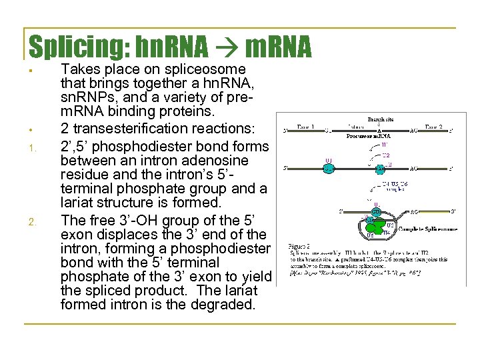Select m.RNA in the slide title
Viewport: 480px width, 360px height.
(x=279, y=47)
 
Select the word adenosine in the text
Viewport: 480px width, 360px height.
(x=215, y=161)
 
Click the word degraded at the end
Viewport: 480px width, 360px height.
(x=225, y=305)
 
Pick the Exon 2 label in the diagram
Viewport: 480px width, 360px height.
(x=441, y=126)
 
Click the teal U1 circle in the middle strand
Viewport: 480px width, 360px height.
(x=328, y=168)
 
